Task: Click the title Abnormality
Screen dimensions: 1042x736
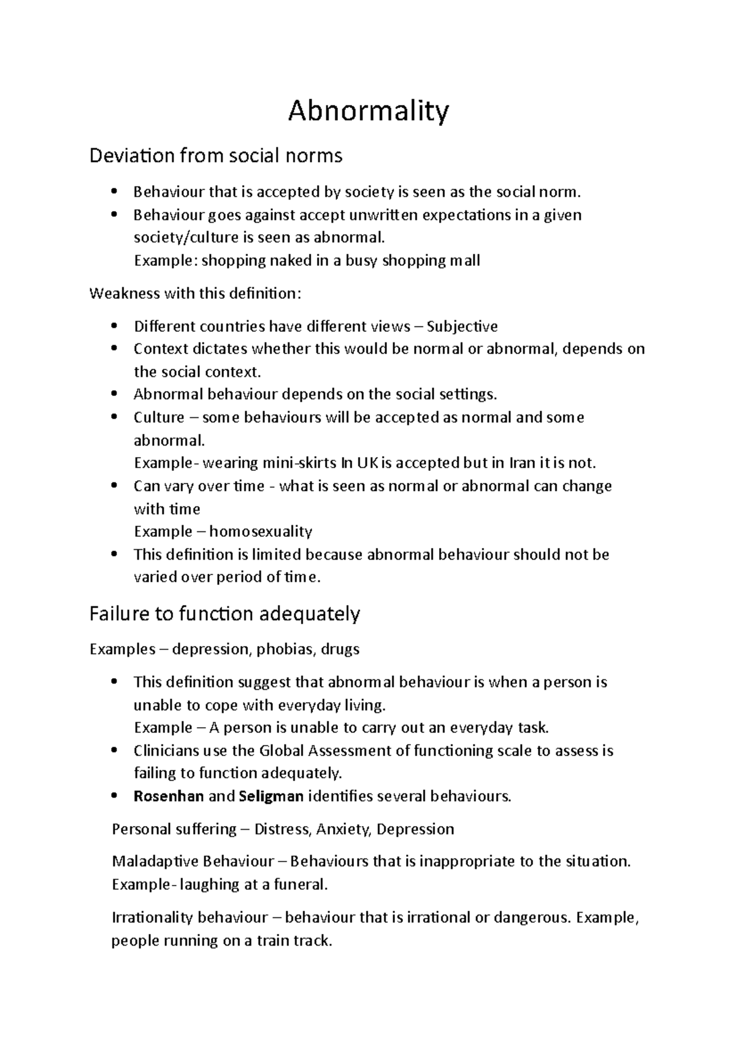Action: coord(369,112)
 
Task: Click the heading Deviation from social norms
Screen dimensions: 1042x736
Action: coord(216,156)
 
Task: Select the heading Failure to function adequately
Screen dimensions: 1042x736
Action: coord(224,614)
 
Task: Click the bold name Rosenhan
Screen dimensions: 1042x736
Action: coord(169,797)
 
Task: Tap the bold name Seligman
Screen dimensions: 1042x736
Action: coord(271,797)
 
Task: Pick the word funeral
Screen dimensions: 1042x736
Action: coord(300,885)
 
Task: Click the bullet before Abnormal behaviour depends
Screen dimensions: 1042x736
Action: coord(114,395)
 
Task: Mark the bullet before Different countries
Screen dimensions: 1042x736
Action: coord(114,326)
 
